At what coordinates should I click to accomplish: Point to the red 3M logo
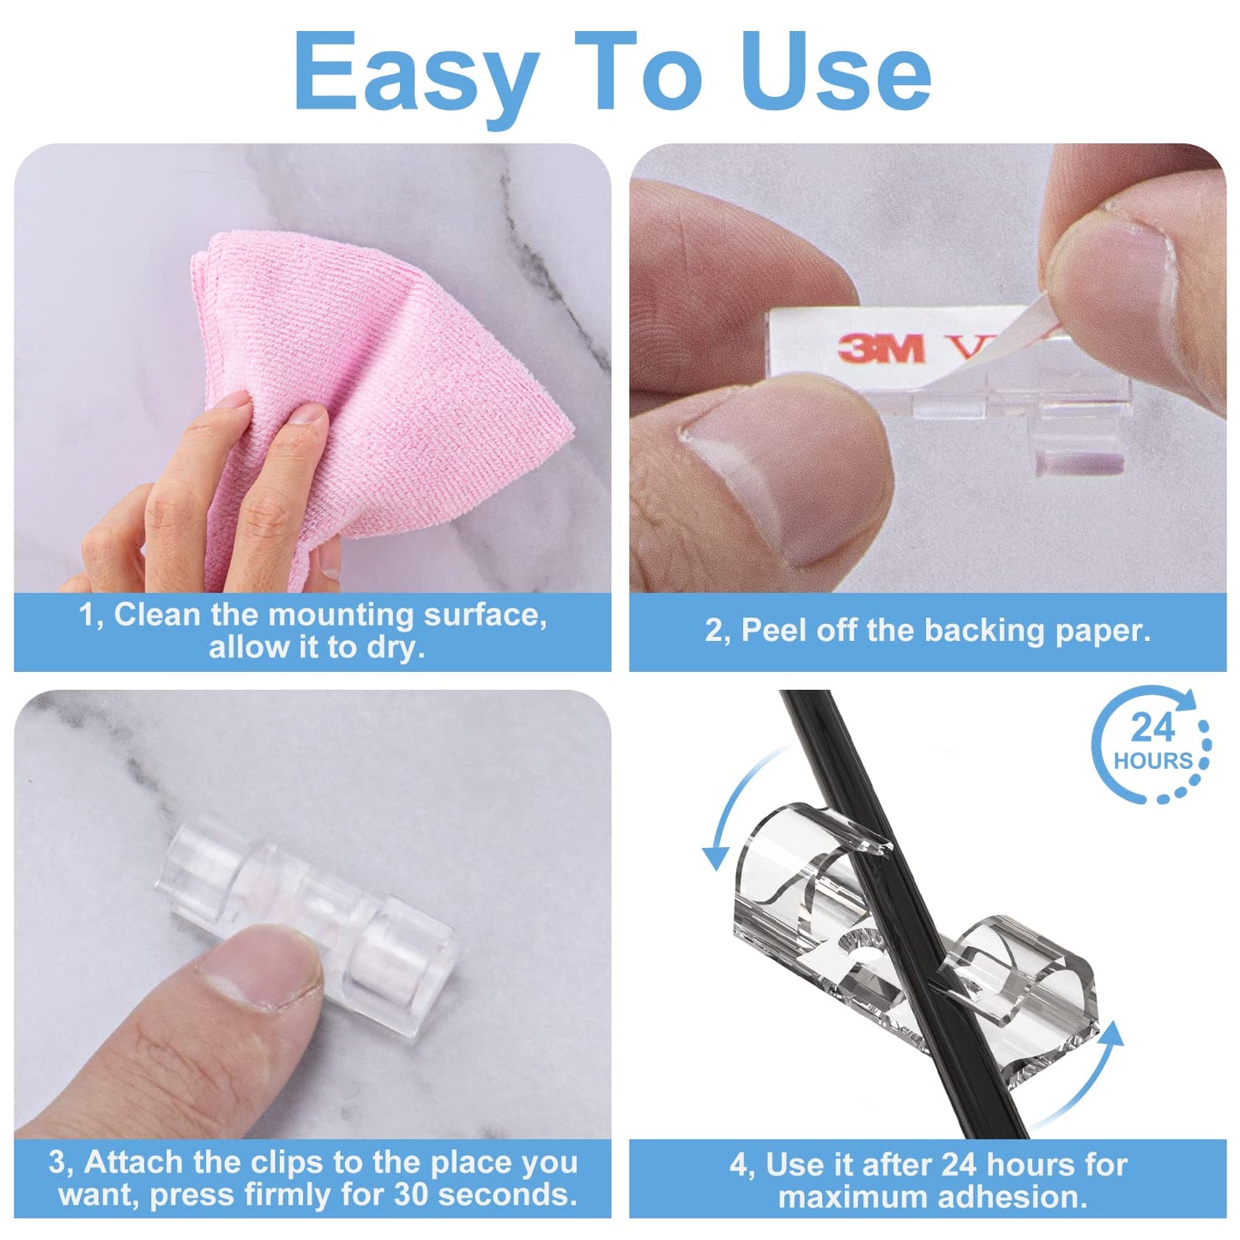pos(881,348)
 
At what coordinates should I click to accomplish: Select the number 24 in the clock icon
pos(1152,729)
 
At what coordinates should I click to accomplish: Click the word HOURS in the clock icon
pos(1152,761)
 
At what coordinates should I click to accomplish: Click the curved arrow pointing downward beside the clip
pos(729,815)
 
